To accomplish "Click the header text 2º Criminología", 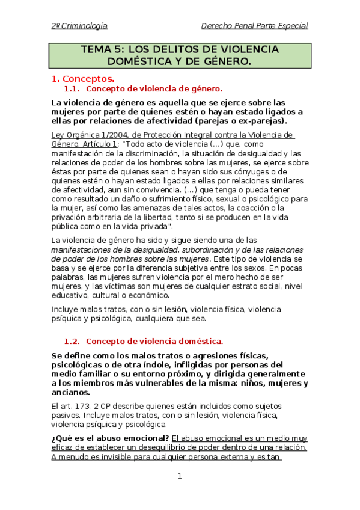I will point(79,25).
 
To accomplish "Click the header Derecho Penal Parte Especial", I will point(254,25).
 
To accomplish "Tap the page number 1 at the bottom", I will point(179,476).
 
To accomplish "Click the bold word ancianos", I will point(72,392).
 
